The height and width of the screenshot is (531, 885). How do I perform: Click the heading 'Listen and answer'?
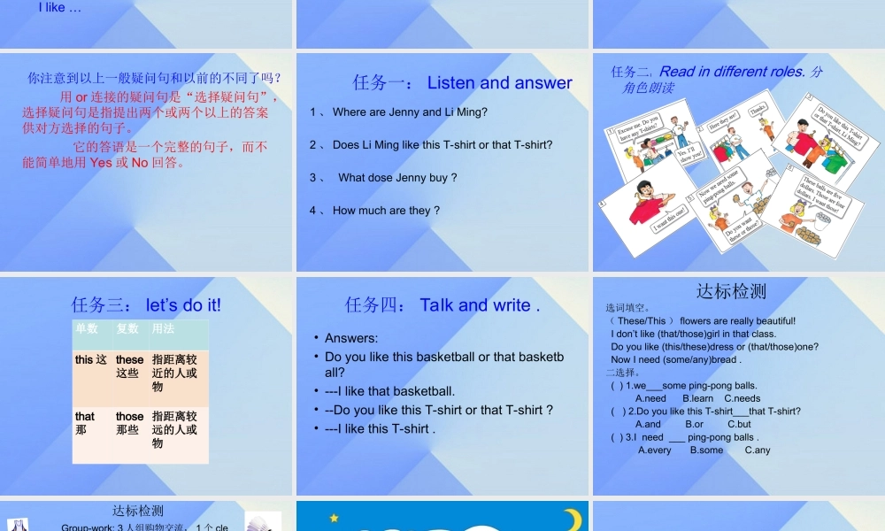[499, 83]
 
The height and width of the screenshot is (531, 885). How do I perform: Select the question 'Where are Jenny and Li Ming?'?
[410, 112]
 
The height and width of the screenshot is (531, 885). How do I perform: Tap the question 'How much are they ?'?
[386, 211]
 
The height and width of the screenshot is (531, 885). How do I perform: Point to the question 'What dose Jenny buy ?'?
[397, 178]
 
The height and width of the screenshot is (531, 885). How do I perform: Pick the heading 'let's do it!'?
[183, 305]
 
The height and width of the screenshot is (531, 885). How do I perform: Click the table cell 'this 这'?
[91, 360]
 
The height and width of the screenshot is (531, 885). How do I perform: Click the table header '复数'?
[127, 328]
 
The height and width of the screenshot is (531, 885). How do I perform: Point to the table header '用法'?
[163, 328]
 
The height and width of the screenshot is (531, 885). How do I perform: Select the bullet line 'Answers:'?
[351, 338]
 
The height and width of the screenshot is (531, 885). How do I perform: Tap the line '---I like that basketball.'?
[389, 391]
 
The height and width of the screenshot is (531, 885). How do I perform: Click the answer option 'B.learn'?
[697, 398]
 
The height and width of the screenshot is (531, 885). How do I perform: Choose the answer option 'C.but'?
[739, 424]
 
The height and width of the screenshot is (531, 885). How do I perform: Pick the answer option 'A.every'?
[655, 450]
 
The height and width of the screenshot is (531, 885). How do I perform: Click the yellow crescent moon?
[573, 518]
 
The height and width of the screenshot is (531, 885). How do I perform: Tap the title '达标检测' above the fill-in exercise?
[731, 291]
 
